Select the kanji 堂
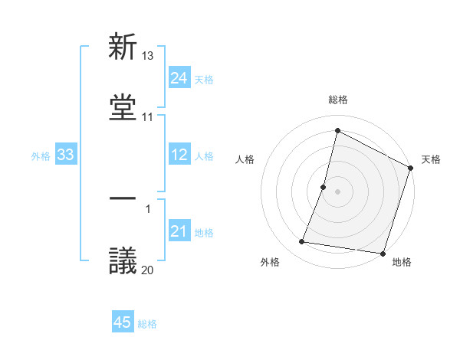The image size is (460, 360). [123, 107]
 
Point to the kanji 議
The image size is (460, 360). [123, 260]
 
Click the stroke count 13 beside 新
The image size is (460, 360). [148, 56]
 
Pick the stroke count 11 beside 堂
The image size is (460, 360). [147, 117]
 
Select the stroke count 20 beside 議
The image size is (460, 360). [148, 269]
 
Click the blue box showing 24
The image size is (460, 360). [179, 78]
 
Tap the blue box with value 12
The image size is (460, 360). [179, 155]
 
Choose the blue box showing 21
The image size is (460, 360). [179, 231]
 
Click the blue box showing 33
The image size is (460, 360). [65, 155]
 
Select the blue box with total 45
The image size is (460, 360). [122, 322]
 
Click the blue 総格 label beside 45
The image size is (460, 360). [147, 324]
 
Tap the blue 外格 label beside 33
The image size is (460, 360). [41, 156]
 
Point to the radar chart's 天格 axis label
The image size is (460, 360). [431, 159]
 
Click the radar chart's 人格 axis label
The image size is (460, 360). [245, 159]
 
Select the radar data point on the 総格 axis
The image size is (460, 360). [337, 130]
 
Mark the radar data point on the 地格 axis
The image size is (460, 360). [382, 253]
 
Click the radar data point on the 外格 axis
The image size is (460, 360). [302, 242]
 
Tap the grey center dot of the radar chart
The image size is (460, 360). [337, 191]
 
